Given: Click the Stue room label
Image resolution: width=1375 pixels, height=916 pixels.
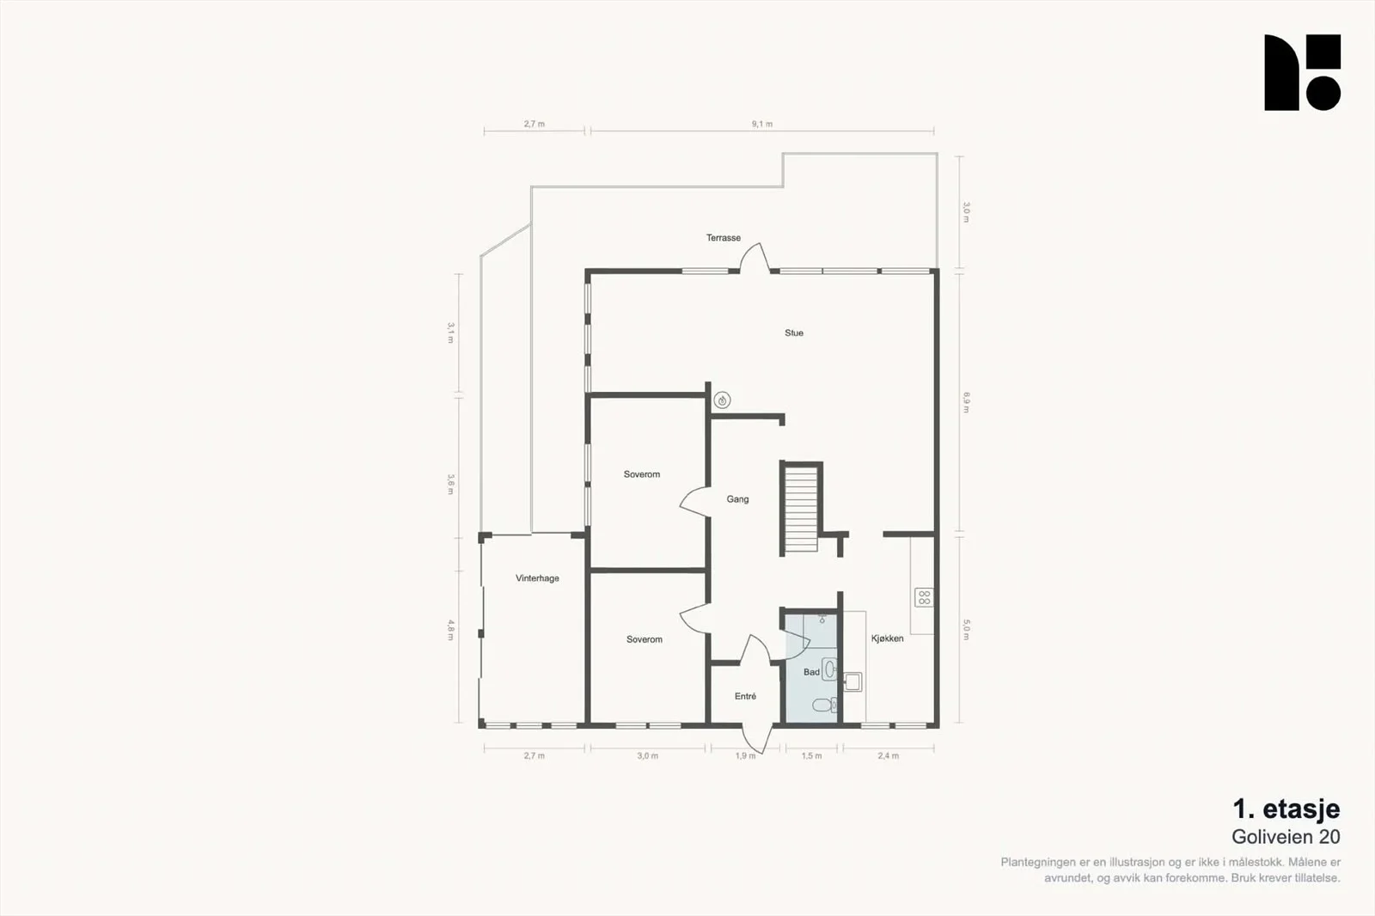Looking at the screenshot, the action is click(794, 333).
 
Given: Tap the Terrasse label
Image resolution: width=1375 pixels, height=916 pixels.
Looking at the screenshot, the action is click(723, 238).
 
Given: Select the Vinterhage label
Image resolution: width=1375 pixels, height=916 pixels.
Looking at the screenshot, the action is click(537, 577).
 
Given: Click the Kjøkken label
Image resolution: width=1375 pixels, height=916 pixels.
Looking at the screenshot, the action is click(887, 638).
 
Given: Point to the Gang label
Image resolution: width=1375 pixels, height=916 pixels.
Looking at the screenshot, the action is click(737, 499).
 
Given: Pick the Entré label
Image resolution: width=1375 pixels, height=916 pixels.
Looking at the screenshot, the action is click(745, 696).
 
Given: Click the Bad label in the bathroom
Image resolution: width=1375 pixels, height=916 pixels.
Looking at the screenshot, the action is click(811, 672).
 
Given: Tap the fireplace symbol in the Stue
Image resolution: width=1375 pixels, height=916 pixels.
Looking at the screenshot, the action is click(722, 401).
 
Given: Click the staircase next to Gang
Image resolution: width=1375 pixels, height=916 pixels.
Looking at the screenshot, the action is click(801, 510).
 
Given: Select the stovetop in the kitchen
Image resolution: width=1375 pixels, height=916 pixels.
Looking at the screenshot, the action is click(924, 597).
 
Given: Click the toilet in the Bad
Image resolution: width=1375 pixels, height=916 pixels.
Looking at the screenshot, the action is click(824, 705).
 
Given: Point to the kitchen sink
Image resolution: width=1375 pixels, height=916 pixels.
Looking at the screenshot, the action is click(852, 682).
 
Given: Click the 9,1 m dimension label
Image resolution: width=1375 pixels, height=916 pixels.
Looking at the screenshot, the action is click(761, 124).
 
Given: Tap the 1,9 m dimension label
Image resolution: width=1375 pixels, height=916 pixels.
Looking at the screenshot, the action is click(745, 756).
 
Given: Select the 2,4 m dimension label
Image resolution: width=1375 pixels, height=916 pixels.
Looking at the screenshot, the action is click(888, 756).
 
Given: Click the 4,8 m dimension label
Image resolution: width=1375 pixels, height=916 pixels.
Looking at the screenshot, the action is click(450, 630).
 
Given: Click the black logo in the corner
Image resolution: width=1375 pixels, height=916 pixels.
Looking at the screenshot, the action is click(1302, 72).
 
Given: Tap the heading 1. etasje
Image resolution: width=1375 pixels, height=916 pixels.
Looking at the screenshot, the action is click(1286, 809).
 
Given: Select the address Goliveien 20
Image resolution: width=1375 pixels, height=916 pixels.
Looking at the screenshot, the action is click(1286, 837).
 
